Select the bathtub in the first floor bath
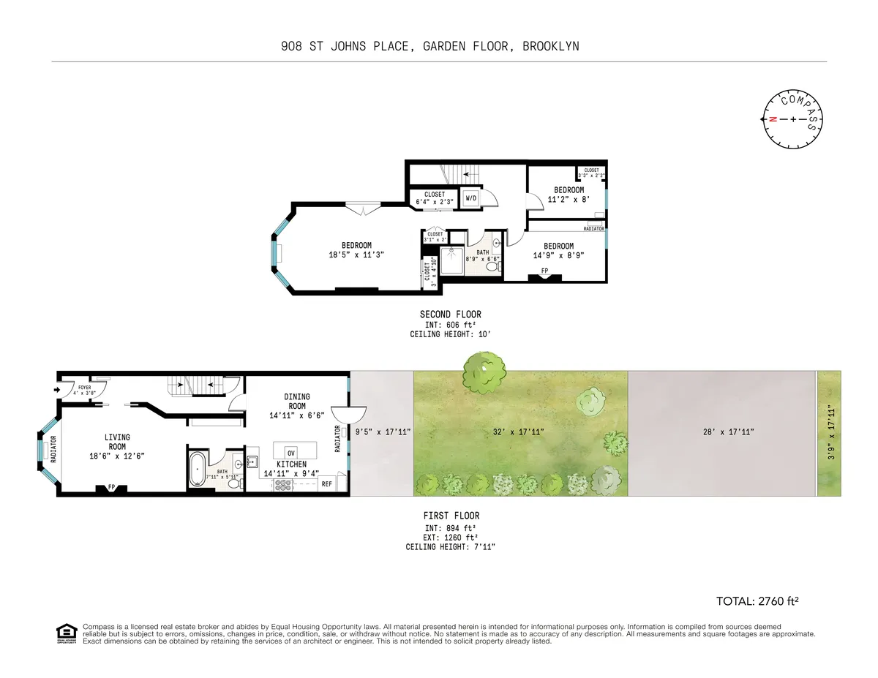198,469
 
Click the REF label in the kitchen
326,484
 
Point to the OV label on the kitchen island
290,451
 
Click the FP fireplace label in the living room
111,486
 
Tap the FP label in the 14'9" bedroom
544,271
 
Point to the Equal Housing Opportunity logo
67,633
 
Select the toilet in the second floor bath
492,265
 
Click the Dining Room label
296,402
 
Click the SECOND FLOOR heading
450,314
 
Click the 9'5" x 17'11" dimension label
383,432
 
